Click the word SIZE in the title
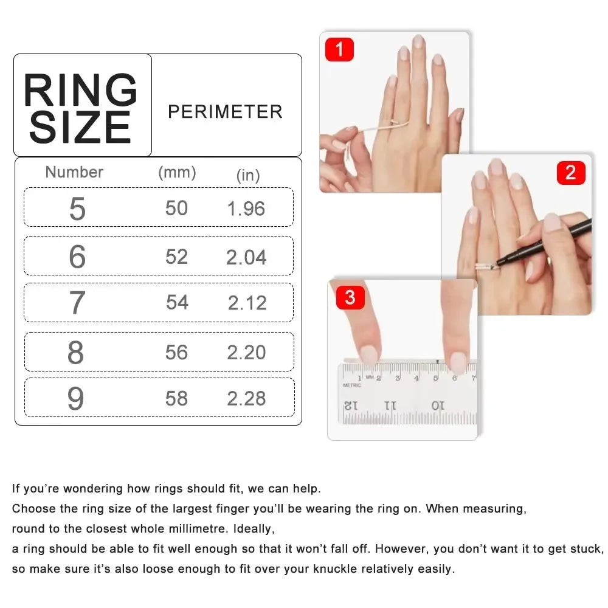(80, 128)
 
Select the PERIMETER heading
(225, 112)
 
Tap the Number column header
(74, 172)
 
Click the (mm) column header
(177, 173)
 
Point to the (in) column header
(248, 176)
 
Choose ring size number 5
(77, 209)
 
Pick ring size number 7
(77, 303)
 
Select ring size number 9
(75, 399)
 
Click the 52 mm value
(176, 257)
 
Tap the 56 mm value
(176, 353)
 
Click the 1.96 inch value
(246, 209)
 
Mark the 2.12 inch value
(247, 303)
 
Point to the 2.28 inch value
(246, 399)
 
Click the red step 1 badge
(339, 49)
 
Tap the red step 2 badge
(570, 173)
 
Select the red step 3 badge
(350, 298)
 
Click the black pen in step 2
(547, 243)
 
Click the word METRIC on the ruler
(352, 385)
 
